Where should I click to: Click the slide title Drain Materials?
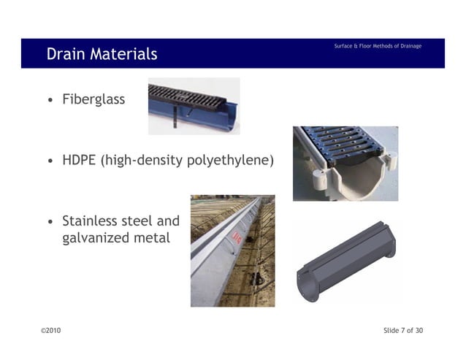pyautogui.click(x=102, y=54)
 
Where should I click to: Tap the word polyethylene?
pyautogui.click(x=231, y=159)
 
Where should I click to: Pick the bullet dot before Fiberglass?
pyautogui.click(x=49, y=99)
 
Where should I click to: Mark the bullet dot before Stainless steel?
pyautogui.click(x=49, y=221)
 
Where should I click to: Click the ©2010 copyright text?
pyautogui.click(x=51, y=331)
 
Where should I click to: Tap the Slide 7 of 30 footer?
pyautogui.click(x=403, y=331)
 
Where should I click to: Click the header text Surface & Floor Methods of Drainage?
pyautogui.click(x=378, y=47)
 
